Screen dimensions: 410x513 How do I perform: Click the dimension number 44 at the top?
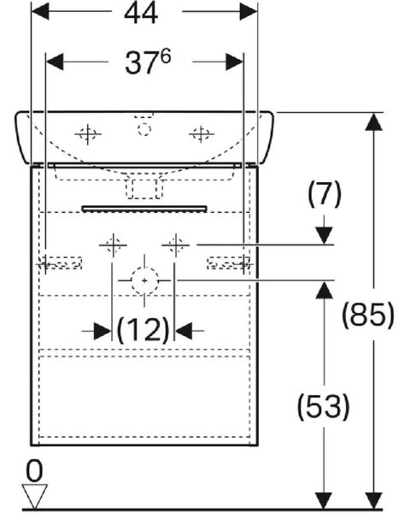pos(141,14)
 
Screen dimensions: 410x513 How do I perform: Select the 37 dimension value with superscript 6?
pos(148,62)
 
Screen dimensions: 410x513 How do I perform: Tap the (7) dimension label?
pos(324,194)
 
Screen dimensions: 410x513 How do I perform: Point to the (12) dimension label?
pos(143,330)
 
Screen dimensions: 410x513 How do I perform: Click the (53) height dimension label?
pos(323,407)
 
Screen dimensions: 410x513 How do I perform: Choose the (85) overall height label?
pos(368,315)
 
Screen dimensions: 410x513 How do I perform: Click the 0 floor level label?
pos(34,471)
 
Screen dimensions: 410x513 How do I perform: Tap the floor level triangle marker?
pos(34,497)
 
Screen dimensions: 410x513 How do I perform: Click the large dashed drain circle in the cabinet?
pos(144,280)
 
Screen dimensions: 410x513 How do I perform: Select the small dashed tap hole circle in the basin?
pos(144,129)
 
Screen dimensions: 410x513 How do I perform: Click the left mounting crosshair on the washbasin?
pos(88,134)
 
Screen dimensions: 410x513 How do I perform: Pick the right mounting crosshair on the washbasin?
pos(201,134)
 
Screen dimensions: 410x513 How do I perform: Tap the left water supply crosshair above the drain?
pos(113,245)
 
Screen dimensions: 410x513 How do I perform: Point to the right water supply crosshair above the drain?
pos(176,245)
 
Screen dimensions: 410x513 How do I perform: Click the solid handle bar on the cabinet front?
pos(144,209)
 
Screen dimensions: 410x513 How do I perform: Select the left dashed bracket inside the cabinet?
pos(60,263)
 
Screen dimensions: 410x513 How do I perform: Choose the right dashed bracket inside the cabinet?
pos(229,262)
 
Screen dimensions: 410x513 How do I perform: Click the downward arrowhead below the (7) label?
pos(324,236)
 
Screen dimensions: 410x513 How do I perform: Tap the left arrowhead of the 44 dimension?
pos(40,12)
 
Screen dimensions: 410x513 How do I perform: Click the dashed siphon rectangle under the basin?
pos(144,189)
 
